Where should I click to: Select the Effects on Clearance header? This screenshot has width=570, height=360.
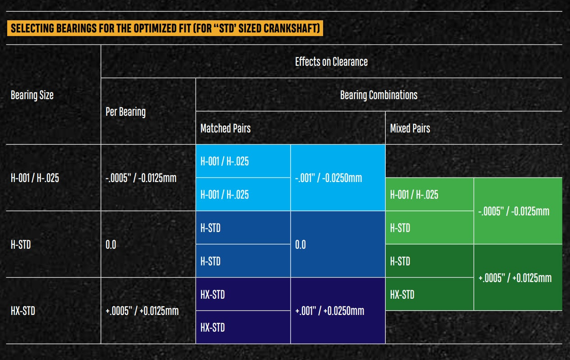(331, 62)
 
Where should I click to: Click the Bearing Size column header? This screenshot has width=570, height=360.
(32, 95)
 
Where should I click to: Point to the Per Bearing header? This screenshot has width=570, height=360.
(125, 112)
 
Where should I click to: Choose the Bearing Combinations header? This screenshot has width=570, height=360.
(378, 95)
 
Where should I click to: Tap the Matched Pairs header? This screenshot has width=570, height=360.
(225, 128)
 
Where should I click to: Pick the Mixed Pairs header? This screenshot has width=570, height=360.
(410, 128)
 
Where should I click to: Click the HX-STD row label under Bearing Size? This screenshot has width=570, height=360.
(23, 311)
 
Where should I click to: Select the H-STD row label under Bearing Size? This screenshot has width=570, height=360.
(21, 245)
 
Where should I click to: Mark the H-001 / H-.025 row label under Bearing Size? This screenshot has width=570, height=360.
(35, 178)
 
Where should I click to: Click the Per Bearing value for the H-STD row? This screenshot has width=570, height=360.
(110, 245)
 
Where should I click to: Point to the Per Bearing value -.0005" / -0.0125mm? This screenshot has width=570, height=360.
(141, 178)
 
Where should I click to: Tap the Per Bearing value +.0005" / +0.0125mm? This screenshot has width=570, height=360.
(141, 311)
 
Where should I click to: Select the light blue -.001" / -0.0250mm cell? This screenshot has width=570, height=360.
(328, 178)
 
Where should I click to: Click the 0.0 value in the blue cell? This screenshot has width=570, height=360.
(300, 245)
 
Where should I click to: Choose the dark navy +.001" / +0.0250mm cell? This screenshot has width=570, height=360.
(329, 311)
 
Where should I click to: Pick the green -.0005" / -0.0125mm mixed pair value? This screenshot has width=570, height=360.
(513, 211)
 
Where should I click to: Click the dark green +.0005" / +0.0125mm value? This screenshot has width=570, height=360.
(515, 278)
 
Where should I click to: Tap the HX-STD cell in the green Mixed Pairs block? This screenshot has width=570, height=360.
(402, 295)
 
